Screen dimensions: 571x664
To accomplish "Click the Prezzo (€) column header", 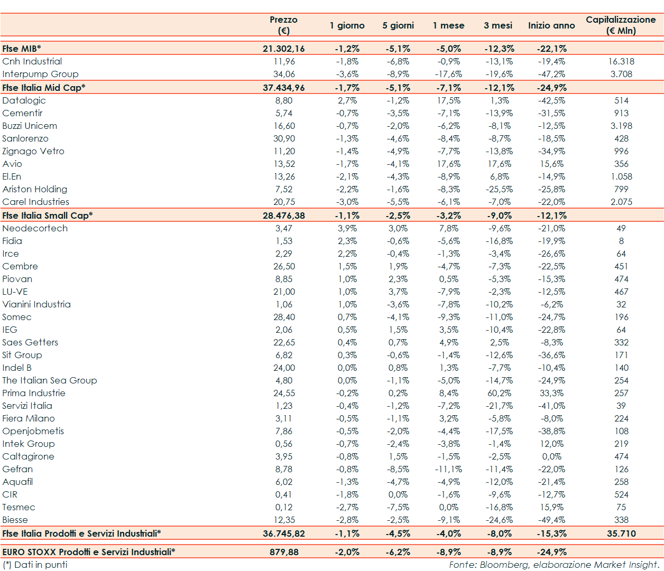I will click(x=283, y=25).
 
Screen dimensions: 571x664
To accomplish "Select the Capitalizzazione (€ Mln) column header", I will click(x=621, y=25).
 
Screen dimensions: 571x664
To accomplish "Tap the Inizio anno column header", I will click(x=551, y=25).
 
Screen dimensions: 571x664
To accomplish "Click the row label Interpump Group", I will click(x=40, y=74).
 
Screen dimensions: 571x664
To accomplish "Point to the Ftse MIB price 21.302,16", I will click(x=283, y=49).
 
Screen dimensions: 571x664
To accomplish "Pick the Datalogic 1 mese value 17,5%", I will click(x=448, y=100).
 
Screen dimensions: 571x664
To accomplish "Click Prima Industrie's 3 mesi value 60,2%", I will click(x=499, y=393).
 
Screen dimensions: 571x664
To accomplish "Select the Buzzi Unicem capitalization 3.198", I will click(x=621, y=126).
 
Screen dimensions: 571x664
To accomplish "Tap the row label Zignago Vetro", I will click(x=33, y=151).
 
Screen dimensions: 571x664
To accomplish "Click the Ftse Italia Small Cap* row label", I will click(x=48, y=216).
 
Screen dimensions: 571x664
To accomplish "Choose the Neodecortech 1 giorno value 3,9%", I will click(x=347, y=228).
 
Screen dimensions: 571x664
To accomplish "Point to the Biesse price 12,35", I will click(x=284, y=520).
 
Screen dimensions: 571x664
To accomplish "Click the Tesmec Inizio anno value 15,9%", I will click(x=551, y=507).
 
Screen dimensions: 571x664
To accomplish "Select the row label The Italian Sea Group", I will click(x=50, y=380).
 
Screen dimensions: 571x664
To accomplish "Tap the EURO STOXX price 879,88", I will click(x=284, y=552).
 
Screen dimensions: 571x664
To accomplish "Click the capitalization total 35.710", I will click(x=621, y=533).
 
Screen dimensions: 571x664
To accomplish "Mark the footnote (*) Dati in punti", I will click(x=35, y=565).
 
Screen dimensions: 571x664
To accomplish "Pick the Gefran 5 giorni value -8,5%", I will click(x=398, y=469).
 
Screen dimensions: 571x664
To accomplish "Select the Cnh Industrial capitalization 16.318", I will click(x=621, y=61).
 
